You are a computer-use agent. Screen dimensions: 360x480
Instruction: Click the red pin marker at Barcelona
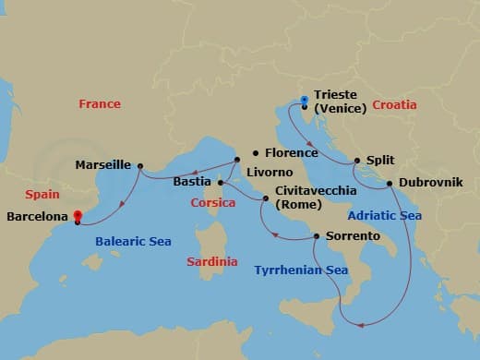click(78, 216)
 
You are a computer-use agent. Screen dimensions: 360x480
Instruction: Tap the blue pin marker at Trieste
click(305, 100)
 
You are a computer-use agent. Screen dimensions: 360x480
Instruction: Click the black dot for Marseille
click(139, 167)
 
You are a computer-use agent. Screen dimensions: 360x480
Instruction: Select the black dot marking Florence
click(255, 152)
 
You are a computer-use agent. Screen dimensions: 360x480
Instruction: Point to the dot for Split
click(356, 161)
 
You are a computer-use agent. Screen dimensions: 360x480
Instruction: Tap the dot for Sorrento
click(317, 236)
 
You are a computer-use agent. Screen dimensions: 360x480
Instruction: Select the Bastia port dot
click(220, 183)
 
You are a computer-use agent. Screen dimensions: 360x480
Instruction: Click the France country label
click(100, 104)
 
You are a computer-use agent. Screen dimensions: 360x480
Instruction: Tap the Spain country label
click(42, 195)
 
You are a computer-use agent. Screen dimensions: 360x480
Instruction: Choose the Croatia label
click(395, 106)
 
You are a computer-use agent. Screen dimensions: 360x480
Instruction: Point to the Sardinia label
click(211, 262)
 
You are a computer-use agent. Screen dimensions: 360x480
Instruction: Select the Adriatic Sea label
click(385, 215)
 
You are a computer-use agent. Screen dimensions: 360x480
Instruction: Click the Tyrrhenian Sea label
click(301, 270)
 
